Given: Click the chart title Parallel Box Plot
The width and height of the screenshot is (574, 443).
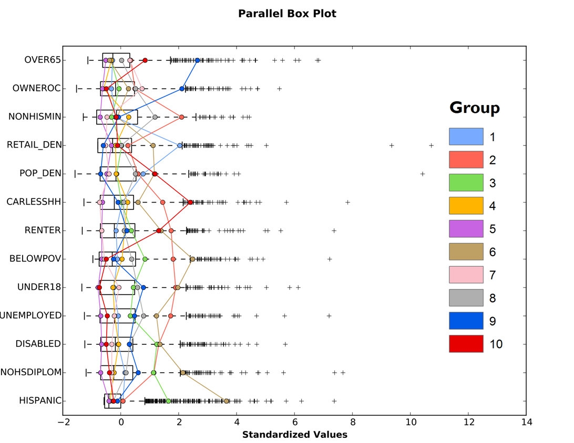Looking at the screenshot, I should click(x=287, y=14).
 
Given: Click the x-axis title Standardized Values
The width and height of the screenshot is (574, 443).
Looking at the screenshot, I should click(x=294, y=435).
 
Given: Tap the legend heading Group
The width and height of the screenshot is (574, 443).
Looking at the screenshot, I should click(x=474, y=108).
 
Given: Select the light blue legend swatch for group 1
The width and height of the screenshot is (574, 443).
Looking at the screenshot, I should click(x=466, y=136).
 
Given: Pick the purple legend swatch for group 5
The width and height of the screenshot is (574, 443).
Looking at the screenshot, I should click(x=466, y=229).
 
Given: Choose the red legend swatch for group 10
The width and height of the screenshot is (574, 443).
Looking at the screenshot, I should click(x=466, y=344).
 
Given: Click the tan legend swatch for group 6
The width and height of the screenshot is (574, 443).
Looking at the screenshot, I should click(x=466, y=252).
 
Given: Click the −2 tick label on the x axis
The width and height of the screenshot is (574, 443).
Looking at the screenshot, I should click(x=63, y=422).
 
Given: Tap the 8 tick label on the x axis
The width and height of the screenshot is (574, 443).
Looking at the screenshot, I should click(x=353, y=422).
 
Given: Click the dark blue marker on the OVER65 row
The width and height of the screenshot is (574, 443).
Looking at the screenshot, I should click(x=198, y=60).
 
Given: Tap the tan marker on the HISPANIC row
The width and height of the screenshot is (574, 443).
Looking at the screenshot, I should click(x=227, y=401).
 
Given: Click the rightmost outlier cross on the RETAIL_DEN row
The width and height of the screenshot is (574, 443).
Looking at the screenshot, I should click(x=431, y=145).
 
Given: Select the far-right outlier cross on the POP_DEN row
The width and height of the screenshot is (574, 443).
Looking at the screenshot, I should click(x=422, y=174).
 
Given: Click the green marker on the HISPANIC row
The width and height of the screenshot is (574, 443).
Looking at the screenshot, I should click(x=169, y=401).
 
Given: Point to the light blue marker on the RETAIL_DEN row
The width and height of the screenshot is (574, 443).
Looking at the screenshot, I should click(x=180, y=145).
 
